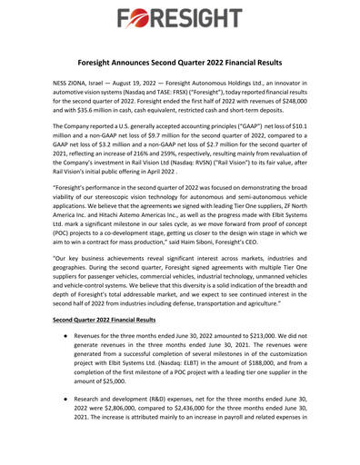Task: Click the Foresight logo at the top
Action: coord(179,18)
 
